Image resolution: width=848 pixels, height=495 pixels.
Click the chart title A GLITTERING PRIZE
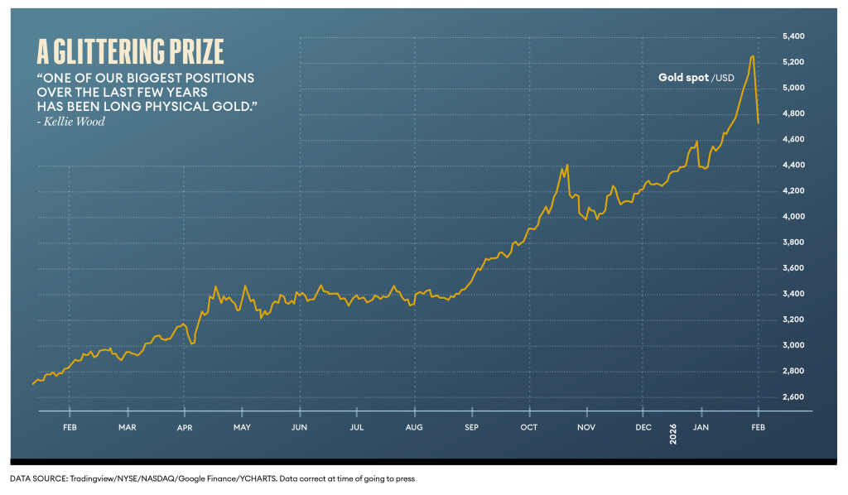pyautogui.click(x=131, y=51)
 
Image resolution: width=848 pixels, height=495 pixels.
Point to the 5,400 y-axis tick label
pyautogui.click(x=793, y=36)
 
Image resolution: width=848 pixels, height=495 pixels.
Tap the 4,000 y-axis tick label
pyautogui.click(x=793, y=217)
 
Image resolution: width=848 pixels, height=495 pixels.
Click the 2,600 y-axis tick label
pyautogui.click(x=793, y=397)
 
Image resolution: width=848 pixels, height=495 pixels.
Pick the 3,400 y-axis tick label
pyautogui.click(x=793, y=294)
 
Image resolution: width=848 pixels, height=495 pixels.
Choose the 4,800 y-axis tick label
pyautogui.click(x=793, y=113)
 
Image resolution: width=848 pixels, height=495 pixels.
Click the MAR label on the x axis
pyautogui.click(x=128, y=427)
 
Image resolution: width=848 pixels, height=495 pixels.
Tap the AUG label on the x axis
pyautogui.click(x=414, y=427)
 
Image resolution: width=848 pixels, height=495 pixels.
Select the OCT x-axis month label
pyautogui.click(x=528, y=427)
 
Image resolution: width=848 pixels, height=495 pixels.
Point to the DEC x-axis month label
pyautogui.click(x=643, y=427)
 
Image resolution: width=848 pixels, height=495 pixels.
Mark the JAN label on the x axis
pyautogui.click(x=700, y=427)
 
